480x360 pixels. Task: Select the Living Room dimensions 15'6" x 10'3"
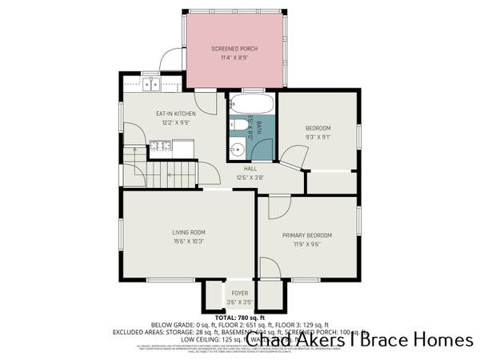click(189, 241)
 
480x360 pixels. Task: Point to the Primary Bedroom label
click(306, 234)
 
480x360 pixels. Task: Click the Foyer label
click(239, 294)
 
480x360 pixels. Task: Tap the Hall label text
click(250, 169)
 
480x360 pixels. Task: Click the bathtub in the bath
click(251, 105)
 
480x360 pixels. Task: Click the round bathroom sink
click(238, 148)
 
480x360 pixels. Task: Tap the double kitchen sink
click(151, 85)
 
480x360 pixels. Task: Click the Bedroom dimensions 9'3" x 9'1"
click(318, 137)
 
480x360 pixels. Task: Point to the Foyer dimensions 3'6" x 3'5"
click(239, 302)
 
